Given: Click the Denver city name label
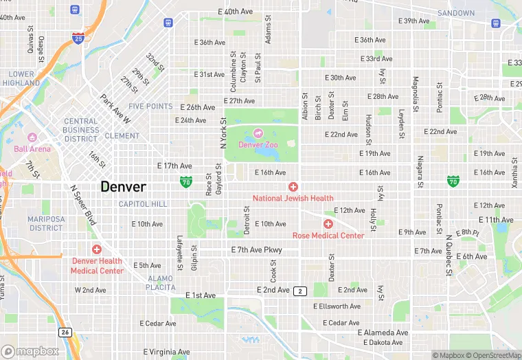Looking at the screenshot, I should [x=124, y=186].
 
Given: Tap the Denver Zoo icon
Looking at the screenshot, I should [x=258, y=133].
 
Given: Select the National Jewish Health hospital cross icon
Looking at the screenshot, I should [x=293, y=187].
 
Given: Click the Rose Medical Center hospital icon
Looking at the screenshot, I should [x=328, y=224].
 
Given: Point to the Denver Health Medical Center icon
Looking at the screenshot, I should [x=97, y=249].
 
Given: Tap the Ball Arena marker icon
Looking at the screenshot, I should [x=32, y=137].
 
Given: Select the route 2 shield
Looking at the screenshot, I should [x=299, y=291].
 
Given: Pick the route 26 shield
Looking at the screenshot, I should [x=65, y=332].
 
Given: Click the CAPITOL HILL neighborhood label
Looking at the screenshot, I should [x=143, y=204].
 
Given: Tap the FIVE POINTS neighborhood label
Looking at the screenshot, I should [x=150, y=106].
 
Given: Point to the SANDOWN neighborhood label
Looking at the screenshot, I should [x=456, y=13].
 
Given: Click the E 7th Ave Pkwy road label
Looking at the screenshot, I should [x=257, y=249].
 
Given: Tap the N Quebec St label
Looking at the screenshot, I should [x=450, y=250].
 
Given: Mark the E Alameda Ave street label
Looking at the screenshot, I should [x=383, y=333].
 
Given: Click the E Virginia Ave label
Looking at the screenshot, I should [x=165, y=352].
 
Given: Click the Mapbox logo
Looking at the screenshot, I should [x=30, y=351].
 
